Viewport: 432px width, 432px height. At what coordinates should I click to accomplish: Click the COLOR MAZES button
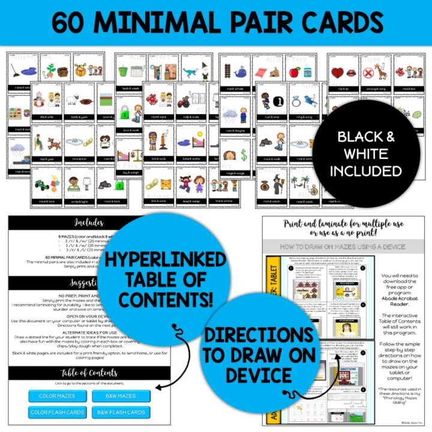(57, 396)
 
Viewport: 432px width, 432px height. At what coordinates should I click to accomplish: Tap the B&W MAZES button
(121, 396)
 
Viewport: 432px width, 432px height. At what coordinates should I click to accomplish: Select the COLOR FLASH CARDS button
(57, 412)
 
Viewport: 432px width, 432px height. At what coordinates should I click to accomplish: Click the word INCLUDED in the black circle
(370, 171)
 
